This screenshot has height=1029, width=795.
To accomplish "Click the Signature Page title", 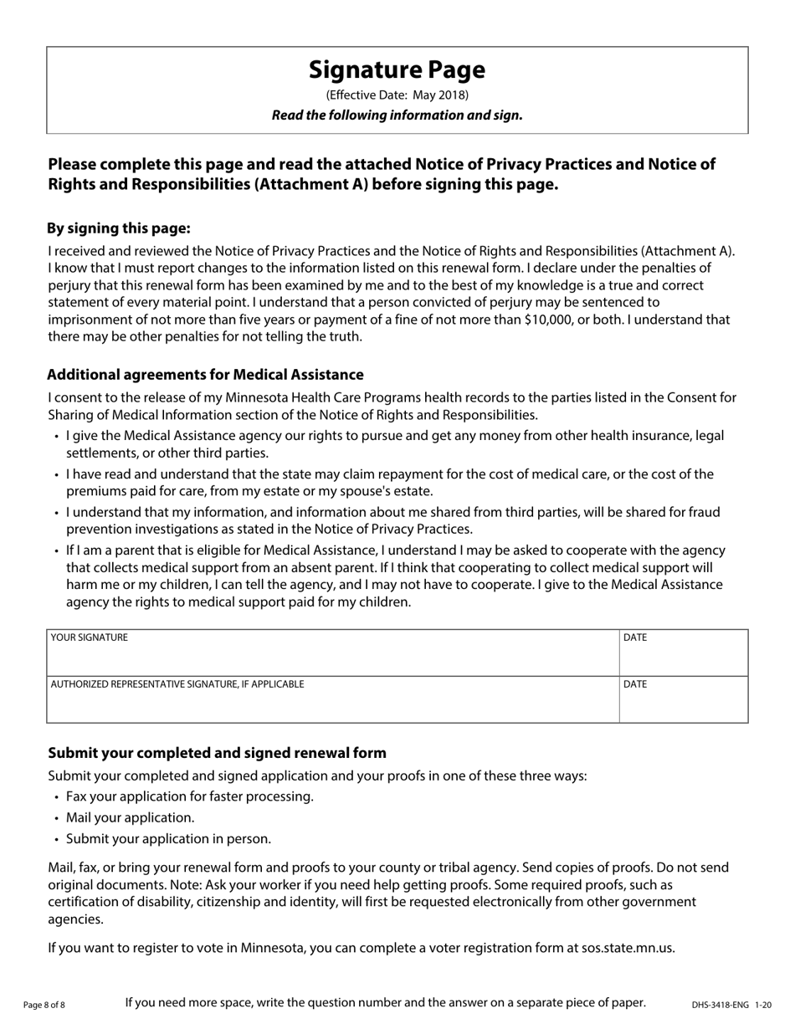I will [x=397, y=69].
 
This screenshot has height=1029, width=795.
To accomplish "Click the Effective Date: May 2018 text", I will [x=397, y=95].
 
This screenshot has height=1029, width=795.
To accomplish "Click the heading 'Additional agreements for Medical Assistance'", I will [x=205, y=374].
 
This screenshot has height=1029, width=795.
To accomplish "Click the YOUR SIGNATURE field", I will [x=332, y=658].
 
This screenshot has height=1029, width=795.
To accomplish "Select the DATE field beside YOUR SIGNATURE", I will [x=683, y=658].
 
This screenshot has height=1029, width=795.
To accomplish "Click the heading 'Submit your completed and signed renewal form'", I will [x=217, y=753].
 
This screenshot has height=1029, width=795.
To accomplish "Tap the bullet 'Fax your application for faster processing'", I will [x=190, y=796].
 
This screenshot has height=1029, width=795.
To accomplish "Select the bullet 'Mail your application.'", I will [x=130, y=817].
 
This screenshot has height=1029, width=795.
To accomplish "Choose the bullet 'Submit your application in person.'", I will [x=168, y=839].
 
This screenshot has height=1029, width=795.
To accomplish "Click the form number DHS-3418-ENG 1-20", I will [x=731, y=1005].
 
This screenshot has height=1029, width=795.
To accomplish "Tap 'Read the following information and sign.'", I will [x=397, y=115].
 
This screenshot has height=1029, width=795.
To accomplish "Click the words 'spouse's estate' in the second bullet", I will [x=411, y=491].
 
